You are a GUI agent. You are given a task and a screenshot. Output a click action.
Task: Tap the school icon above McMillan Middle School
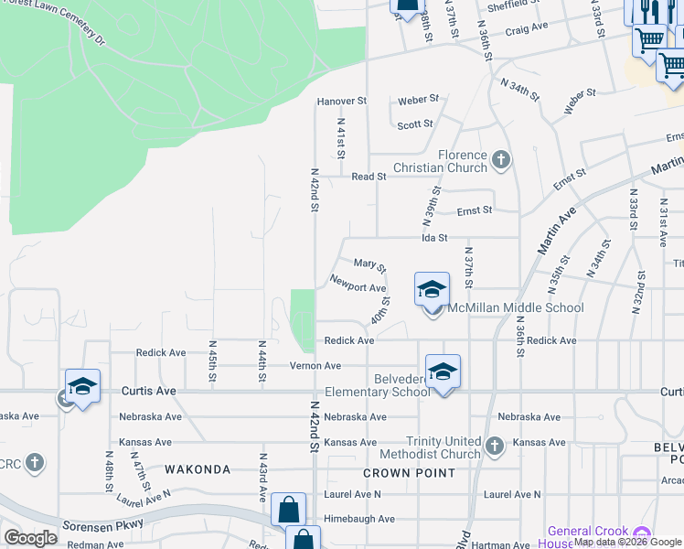[432, 290]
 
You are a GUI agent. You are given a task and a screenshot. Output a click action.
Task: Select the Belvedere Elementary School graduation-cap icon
[443, 371]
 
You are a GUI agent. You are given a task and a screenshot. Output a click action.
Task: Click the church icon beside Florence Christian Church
[500, 161]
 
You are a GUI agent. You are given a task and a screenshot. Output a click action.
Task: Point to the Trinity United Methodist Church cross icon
[494, 446]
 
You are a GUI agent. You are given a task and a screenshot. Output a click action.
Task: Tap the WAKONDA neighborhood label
[198, 469]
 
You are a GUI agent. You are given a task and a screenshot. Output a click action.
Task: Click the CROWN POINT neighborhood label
[409, 473]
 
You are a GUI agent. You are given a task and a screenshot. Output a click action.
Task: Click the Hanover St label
[341, 101]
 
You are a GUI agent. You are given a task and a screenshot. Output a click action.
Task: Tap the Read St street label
[369, 176]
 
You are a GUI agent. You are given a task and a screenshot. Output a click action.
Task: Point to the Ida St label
[433, 238]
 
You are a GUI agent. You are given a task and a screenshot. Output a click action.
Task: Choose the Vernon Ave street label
[315, 366]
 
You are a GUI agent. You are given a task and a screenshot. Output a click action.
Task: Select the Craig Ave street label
[526, 28]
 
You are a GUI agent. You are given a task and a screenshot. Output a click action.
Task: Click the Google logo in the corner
[30, 538]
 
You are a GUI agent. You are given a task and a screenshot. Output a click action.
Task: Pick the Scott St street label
[415, 124]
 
